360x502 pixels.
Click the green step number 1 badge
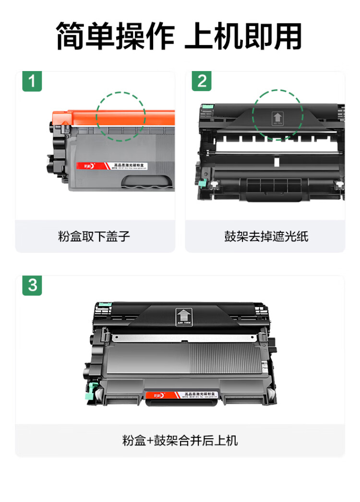tap(32, 81)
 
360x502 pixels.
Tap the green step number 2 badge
tap(202, 81)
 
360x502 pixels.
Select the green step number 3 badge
tap(32, 286)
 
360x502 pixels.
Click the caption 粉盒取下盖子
tap(94, 236)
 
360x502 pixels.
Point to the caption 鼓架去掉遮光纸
tap(266, 236)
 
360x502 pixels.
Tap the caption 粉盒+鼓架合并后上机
tap(180, 440)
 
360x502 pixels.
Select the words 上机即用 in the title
tap(243, 36)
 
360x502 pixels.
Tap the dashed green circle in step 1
tap(120, 116)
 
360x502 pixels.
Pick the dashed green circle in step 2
tap(278, 115)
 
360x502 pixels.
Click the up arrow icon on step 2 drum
tap(277, 118)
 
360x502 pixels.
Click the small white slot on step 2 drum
tap(276, 162)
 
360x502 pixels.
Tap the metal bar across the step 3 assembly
tap(182, 338)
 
